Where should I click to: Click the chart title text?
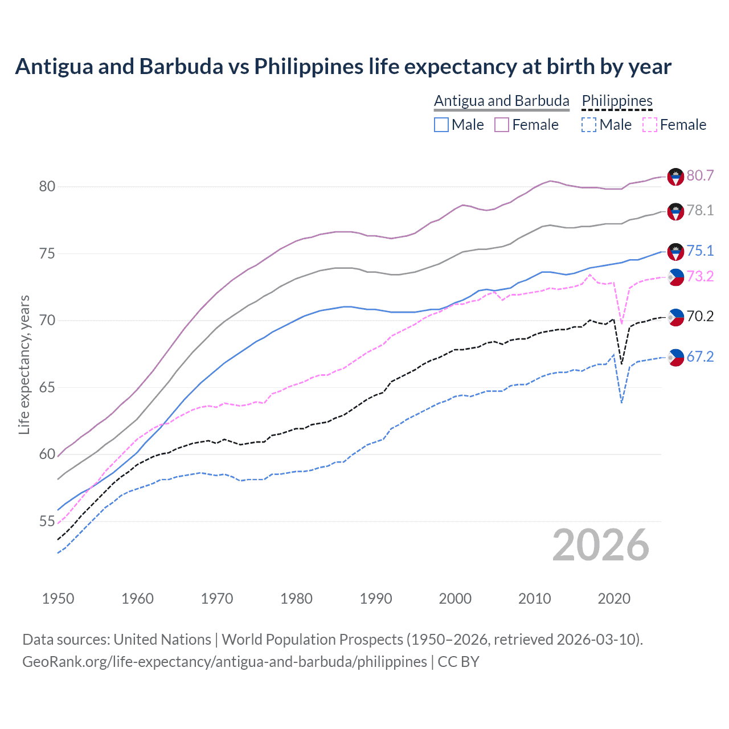343,67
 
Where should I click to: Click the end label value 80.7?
700,176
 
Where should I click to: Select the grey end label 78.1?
700,211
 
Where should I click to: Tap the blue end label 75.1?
700,251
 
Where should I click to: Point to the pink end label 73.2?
700,277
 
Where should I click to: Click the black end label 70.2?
700,317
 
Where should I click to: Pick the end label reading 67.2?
700,357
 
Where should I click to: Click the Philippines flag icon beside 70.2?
675,317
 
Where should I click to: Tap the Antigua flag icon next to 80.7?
675,177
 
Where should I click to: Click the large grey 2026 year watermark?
600,545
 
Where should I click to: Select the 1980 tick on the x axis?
296,599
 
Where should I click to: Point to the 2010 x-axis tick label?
534,599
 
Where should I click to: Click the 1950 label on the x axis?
58,599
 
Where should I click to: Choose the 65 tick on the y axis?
47,388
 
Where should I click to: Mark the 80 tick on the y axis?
47,187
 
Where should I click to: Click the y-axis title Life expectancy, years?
24,364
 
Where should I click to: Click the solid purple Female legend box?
502,125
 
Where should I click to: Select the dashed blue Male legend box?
589,125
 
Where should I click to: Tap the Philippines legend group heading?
617,101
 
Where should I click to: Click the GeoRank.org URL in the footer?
224,662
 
